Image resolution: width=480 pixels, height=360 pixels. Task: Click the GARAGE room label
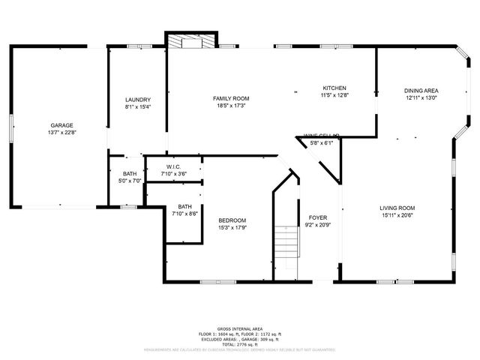point(61,125)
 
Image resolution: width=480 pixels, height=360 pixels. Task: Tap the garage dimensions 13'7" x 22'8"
point(61,132)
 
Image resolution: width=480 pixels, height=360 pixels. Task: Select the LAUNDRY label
point(138,100)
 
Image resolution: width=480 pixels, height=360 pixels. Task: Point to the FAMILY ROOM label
point(230,98)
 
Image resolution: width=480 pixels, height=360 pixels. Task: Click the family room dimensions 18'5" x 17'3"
point(230,105)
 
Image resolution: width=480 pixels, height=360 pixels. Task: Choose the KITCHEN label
point(334,88)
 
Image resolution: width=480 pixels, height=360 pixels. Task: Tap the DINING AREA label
point(421,90)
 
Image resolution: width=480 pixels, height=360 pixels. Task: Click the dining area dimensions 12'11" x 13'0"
point(421,97)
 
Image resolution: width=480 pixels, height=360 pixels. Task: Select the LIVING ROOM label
point(397,208)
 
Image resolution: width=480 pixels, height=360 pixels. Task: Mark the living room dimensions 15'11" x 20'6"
point(397,214)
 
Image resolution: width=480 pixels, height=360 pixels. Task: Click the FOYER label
point(318,217)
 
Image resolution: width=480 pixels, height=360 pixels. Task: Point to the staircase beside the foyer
point(286,241)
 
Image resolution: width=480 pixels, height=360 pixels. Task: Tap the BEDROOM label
point(232,220)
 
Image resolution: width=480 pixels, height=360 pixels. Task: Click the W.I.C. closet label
point(172,167)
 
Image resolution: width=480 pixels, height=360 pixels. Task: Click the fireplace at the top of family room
point(184,43)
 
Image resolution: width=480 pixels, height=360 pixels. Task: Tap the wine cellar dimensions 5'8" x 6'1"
point(322,142)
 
